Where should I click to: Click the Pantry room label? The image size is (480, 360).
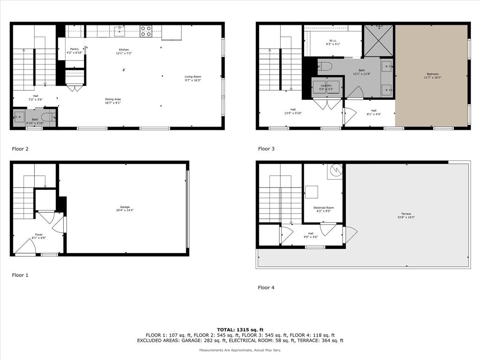pos(75,50)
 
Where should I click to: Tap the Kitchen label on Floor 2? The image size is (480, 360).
pos(124,51)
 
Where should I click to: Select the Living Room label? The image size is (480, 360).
pos(193,78)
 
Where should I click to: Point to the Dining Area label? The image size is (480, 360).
pos(113,101)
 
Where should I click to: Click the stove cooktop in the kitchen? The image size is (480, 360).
pos(146,31)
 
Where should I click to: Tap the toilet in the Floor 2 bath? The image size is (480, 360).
pos(47,117)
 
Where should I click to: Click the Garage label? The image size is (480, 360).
pos(124,208)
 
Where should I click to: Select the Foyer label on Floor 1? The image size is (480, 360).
pos(39,236)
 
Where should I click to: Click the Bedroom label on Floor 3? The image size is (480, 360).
pos(432,75)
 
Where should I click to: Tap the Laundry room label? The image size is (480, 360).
pos(326,87)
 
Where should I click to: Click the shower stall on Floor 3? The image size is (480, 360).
pos(379,40)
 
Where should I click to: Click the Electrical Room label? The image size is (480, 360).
pos(323,209)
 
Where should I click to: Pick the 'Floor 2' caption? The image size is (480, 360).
pos(20,149)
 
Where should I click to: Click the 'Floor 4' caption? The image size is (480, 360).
pos(266,288)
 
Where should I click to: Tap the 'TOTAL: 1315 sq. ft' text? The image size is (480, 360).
pos(240,330)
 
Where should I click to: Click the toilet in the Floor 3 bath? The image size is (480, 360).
pos(325,66)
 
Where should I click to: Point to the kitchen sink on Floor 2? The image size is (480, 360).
pos(120,31)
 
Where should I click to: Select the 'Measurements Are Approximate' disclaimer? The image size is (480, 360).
pos(240,350)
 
